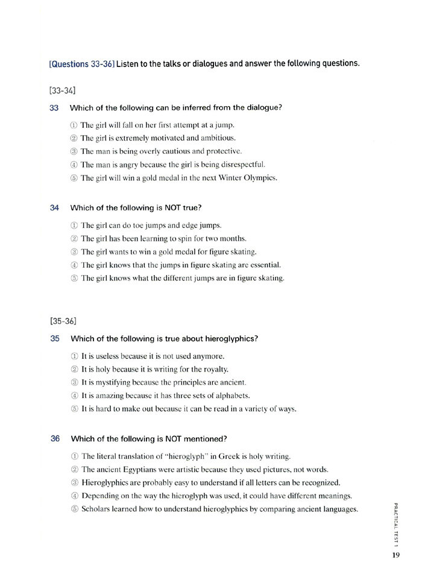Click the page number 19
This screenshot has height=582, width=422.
pyautogui.click(x=395, y=555)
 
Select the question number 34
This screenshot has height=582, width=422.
pyautogui.click(x=54, y=208)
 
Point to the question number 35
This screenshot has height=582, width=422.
pyautogui.click(x=54, y=339)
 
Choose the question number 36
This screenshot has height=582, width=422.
pyautogui.click(x=54, y=438)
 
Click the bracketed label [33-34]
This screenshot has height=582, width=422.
pyautogui.click(x=62, y=91)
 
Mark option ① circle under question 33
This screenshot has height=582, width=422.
pyautogui.click(x=74, y=125)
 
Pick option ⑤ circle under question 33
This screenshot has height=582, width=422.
pyautogui.click(x=74, y=178)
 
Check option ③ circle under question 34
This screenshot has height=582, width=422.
pyautogui.click(x=74, y=252)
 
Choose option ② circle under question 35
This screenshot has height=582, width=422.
pyautogui.click(x=74, y=369)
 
